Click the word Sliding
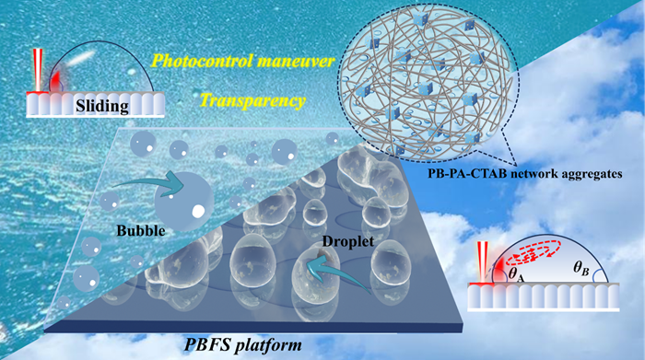coord(102,106)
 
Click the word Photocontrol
coord(202,62)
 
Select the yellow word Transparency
coord(252,100)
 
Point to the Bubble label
coord(141,230)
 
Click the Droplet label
coord(348,241)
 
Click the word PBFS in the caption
coord(205,344)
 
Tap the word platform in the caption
coord(267,344)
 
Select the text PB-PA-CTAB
coord(466,173)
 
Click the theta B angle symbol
coord(581,269)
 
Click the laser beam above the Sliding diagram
coord(38,70)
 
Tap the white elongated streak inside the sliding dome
coord(80,58)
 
